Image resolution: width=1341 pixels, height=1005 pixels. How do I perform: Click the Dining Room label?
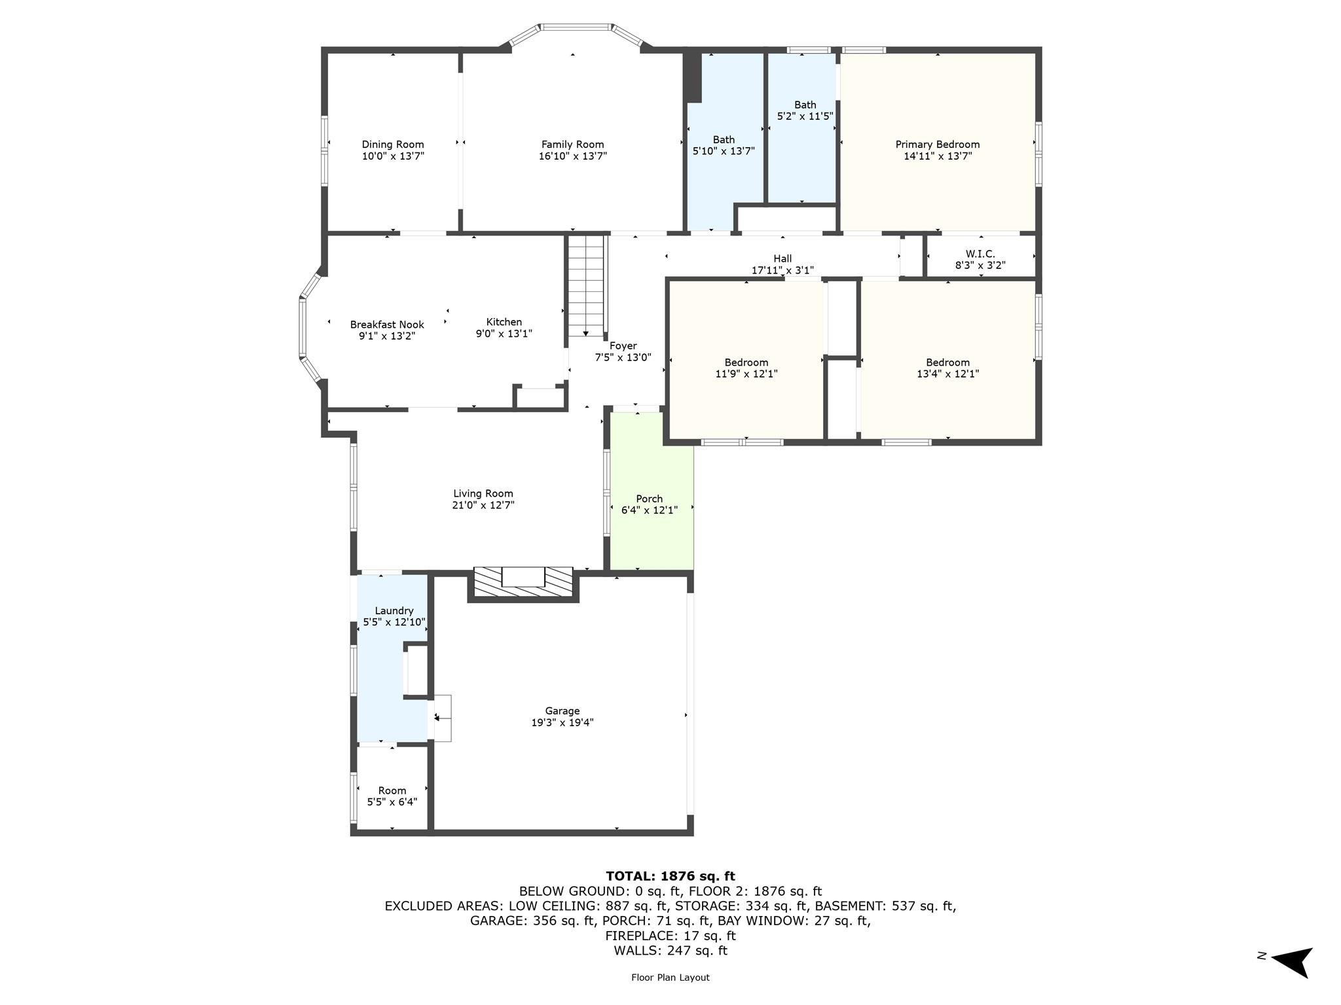(x=393, y=145)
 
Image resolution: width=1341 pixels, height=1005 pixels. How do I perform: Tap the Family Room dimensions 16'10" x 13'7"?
(x=572, y=156)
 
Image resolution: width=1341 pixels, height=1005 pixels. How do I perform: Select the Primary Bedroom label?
(x=937, y=145)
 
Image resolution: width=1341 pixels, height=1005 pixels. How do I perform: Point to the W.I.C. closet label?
(x=980, y=254)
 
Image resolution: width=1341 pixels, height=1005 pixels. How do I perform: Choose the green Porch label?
(x=649, y=499)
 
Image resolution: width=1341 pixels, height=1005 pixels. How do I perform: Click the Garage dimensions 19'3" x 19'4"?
(x=562, y=722)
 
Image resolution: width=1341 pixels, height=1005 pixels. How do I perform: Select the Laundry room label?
(x=394, y=610)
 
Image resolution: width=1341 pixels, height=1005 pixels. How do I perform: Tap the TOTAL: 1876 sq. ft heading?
(x=670, y=876)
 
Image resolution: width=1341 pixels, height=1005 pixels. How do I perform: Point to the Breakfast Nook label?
(x=387, y=325)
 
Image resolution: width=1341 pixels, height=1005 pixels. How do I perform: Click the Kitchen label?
(x=504, y=322)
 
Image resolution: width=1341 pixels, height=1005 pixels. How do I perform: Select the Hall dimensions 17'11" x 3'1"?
(x=782, y=270)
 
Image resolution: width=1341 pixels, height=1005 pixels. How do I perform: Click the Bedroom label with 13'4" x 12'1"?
(x=947, y=362)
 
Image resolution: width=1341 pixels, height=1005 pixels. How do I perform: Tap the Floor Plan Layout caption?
(x=670, y=978)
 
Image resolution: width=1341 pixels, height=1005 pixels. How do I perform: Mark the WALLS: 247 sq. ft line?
(x=670, y=951)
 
